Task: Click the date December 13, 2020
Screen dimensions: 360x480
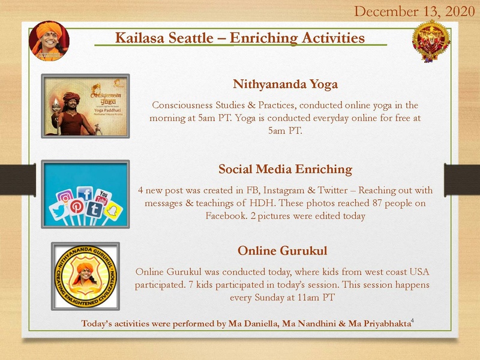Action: pyautogui.click(x=415, y=11)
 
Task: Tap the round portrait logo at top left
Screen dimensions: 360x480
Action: pyautogui.click(x=49, y=41)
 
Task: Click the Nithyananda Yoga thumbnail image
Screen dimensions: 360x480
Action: pyautogui.click(x=85, y=106)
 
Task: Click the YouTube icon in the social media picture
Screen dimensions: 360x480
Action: pyautogui.click(x=104, y=196)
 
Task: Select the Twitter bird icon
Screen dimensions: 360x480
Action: pyautogui.click(x=58, y=211)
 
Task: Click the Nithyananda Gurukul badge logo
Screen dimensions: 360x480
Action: pyautogui.click(x=85, y=275)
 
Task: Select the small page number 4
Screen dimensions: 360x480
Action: pyautogui.click(x=413, y=322)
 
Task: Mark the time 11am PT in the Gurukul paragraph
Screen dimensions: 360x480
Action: pyautogui.click(x=314, y=297)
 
